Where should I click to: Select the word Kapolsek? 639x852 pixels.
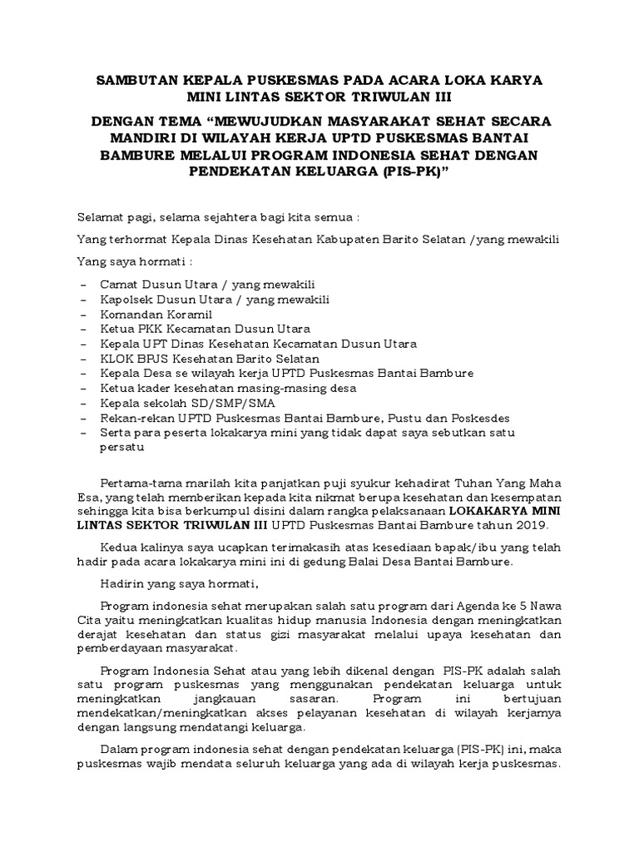(126, 299)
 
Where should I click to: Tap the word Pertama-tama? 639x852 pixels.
(138, 483)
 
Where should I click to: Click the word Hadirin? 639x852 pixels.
(122, 582)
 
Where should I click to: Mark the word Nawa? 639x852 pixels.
(543, 605)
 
